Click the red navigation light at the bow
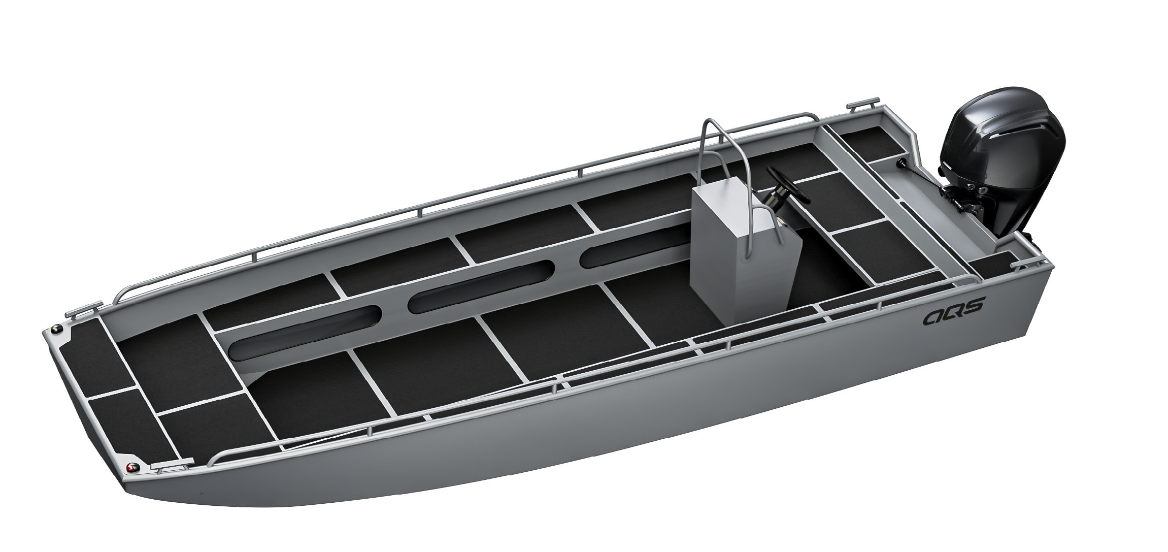pyautogui.click(x=133, y=468)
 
